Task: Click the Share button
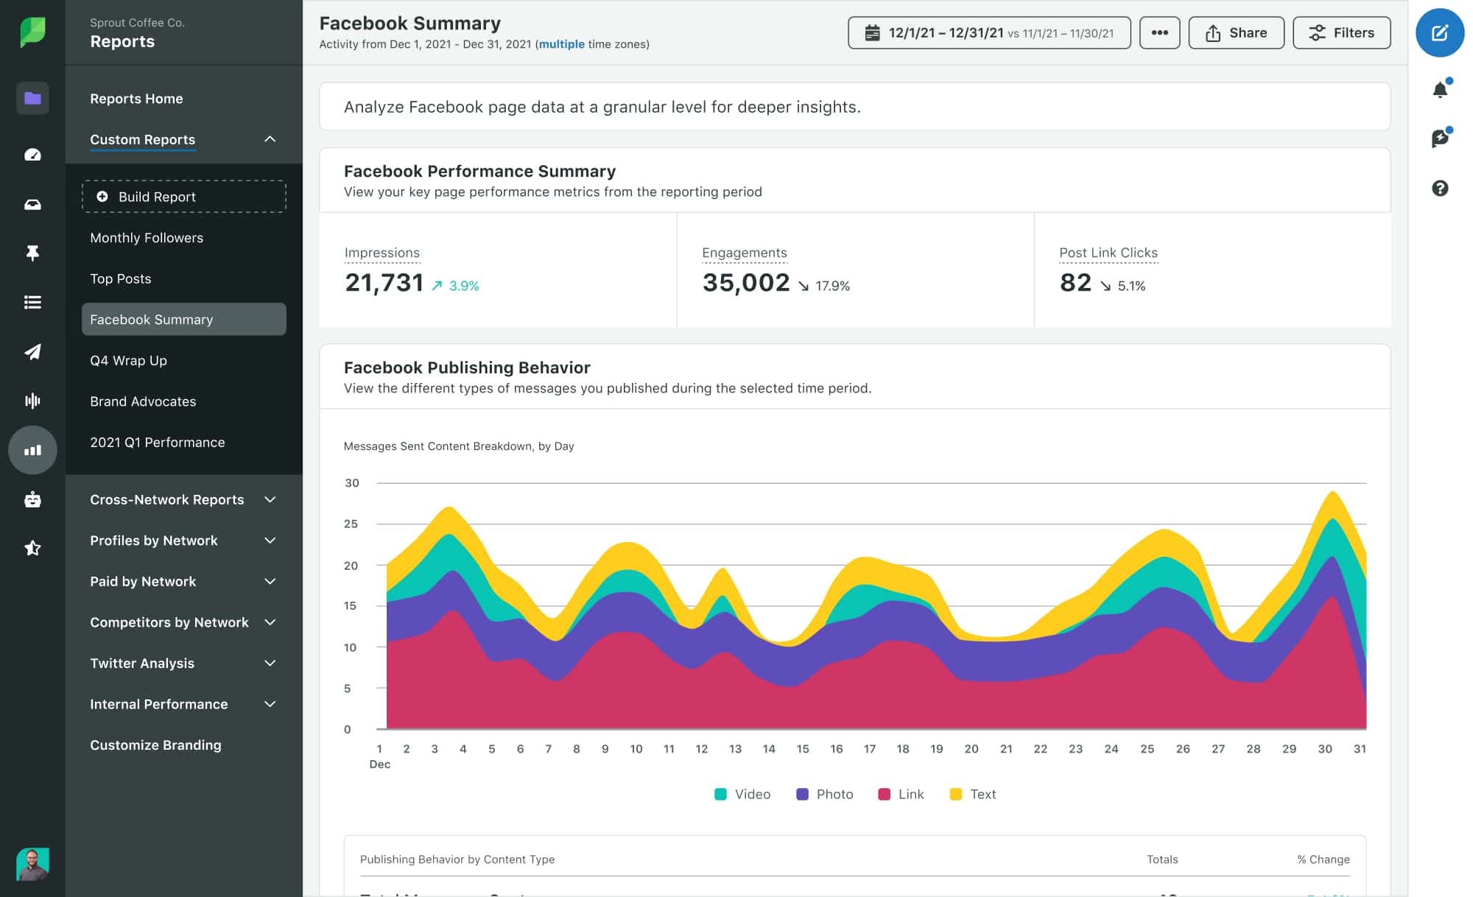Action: tap(1236, 33)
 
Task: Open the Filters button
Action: tap(1341, 33)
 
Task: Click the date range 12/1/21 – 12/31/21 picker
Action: tap(988, 33)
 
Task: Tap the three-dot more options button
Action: tap(1159, 33)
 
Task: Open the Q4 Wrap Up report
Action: tap(128, 360)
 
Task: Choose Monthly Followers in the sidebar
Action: tap(147, 238)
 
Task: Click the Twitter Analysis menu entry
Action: tap(142, 663)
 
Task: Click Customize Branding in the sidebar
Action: tap(155, 745)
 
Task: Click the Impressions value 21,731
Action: tap(384, 283)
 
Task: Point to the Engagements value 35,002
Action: tap(745, 283)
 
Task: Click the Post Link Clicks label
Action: tap(1108, 253)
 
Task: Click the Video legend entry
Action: tap(742, 794)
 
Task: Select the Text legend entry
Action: tap(973, 794)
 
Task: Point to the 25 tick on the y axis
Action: tap(351, 524)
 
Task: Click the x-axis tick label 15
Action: tap(802, 748)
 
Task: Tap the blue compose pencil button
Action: tap(1439, 33)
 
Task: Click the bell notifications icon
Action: tap(1440, 90)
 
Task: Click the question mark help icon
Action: tap(1440, 189)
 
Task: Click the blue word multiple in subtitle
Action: tap(561, 44)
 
